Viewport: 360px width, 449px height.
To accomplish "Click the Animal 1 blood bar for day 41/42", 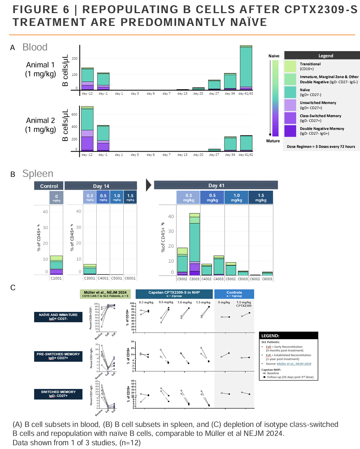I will (x=246, y=68).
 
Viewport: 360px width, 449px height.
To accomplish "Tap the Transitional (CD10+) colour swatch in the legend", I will (x=290, y=66).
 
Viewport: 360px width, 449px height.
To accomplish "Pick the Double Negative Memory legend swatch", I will (x=290, y=131).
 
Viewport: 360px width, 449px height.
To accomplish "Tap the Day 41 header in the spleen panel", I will (x=216, y=185).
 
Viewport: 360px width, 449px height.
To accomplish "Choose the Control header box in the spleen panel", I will (x=49, y=186).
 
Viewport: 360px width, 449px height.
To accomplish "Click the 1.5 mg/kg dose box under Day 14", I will (x=130, y=197).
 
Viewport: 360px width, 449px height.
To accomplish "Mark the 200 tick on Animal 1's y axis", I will (x=75, y=59).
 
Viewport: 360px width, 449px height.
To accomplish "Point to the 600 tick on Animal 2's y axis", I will (x=74, y=115).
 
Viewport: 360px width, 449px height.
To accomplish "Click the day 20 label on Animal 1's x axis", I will (x=198, y=94).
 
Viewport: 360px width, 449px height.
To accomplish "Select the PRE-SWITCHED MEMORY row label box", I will (x=58, y=356).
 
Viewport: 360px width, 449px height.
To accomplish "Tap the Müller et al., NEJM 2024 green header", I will (x=105, y=294).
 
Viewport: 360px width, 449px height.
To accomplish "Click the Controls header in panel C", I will (x=234, y=294).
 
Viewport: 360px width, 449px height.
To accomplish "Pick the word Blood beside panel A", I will (x=35, y=47).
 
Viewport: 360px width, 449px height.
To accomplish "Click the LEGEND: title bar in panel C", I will (x=288, y=335).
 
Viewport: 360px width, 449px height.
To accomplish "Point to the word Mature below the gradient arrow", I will (x=273, y=141).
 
